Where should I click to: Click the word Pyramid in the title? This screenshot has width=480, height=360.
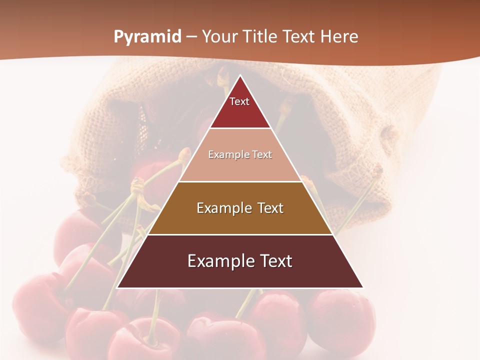[147, 37]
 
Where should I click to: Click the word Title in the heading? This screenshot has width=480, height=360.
[260, 37]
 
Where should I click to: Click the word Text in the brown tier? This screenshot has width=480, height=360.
[267, 208]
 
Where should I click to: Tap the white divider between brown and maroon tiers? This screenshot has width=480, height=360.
[240, 234]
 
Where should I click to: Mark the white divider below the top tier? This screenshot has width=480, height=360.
[240, 128]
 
